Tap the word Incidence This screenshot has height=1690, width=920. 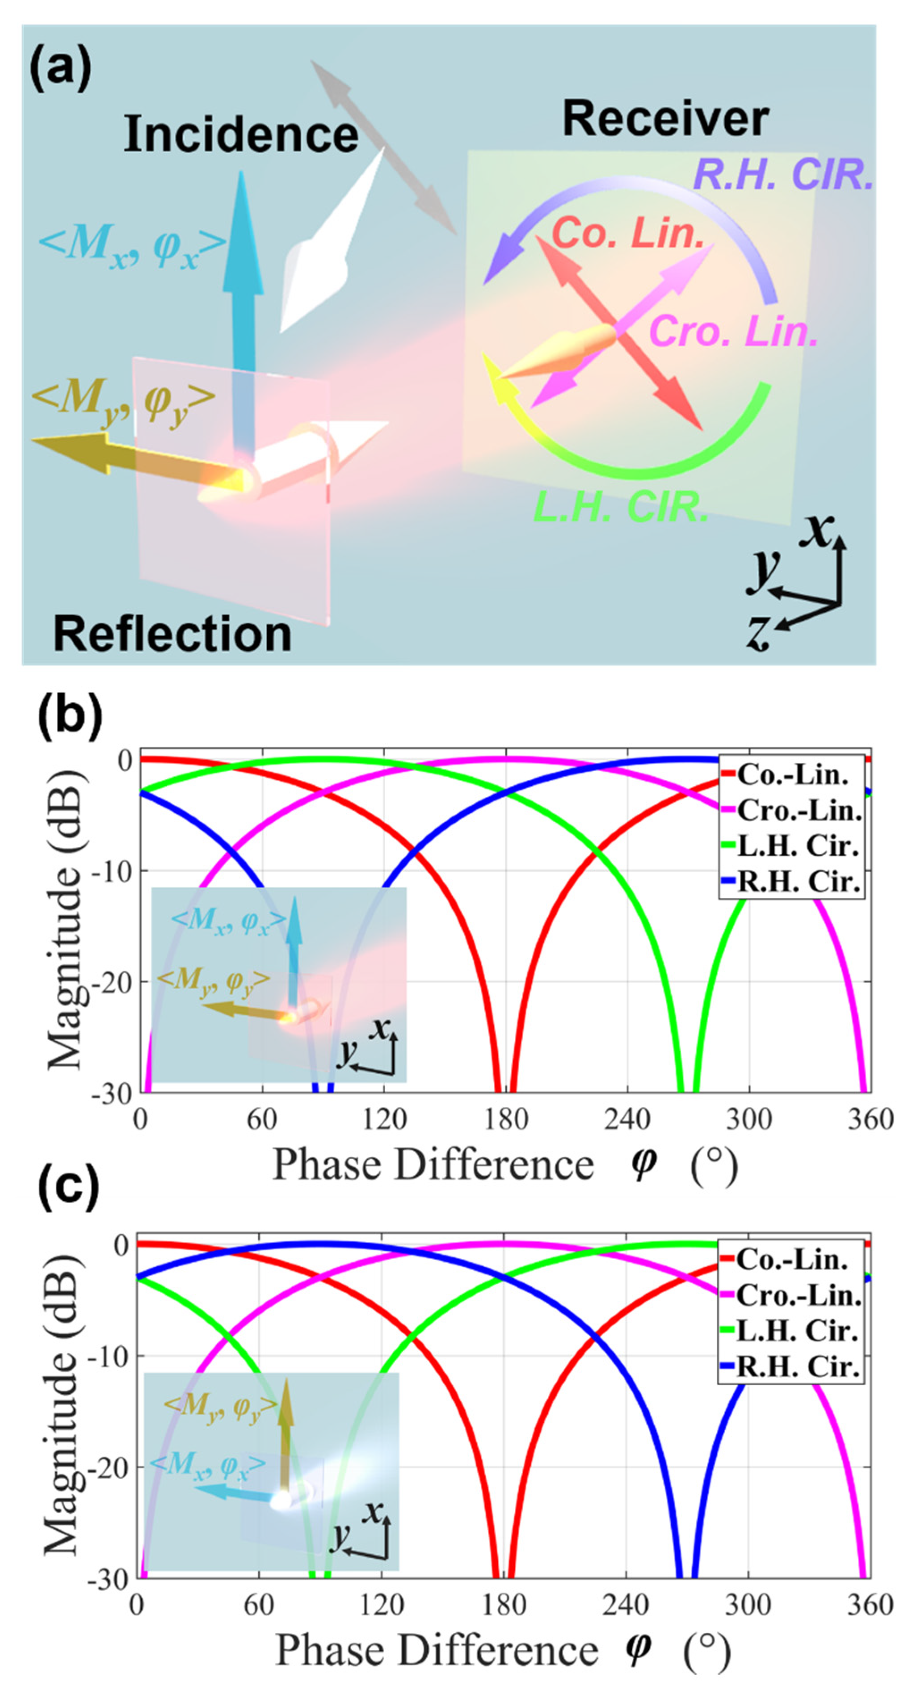coord(241,134)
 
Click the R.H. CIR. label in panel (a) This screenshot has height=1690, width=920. coord(783,175)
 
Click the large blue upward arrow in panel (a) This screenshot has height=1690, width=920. coord(243,276)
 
